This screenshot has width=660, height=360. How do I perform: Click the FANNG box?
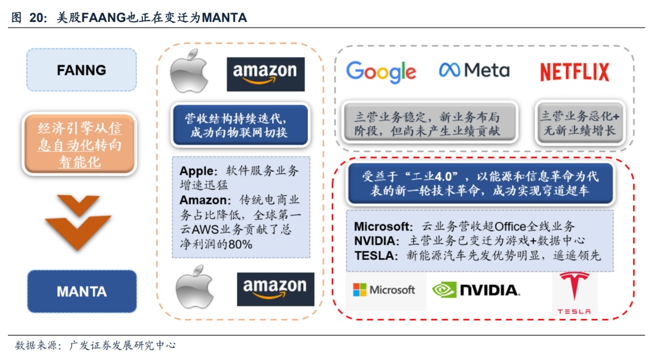click(x=81, y=70)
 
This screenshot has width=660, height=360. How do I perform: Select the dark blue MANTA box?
click(x=81, y=292)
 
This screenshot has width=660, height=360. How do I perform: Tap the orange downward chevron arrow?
click(x=78, y=222)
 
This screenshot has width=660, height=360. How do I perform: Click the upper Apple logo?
click(x=189, y=73)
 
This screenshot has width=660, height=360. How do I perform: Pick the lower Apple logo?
click(x=194, y=290)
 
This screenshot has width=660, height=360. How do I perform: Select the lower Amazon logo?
click(x=275, y=289)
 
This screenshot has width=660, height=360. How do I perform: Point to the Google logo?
click(x=381, y=72)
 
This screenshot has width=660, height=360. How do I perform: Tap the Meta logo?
click(x=474, y=70)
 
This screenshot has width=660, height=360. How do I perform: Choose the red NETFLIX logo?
click(x=574, y=72)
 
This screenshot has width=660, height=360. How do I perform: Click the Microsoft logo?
click(x=384, y=290)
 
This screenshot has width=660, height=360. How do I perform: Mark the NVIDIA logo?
click(x=476, y=290)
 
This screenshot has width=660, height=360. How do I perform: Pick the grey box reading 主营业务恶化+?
click(x=579, y=123)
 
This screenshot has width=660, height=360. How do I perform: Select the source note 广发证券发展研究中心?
click(x=123, y=345)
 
